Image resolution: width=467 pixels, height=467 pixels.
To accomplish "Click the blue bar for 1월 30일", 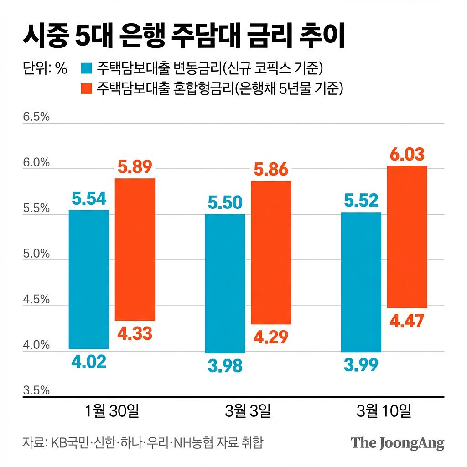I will (x=89, y=279).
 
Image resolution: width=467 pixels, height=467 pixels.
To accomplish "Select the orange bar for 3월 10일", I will (x=407, y=237).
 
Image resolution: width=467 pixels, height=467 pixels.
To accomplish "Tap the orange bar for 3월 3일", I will (x=271, y=252).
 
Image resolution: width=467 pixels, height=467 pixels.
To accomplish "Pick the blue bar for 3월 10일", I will (x=361, y=282).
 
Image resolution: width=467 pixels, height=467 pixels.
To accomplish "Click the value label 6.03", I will (x=407, y=155).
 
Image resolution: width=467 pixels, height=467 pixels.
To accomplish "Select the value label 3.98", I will (x=225, y=365).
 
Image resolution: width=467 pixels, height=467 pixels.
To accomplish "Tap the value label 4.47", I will (x=407, y=321).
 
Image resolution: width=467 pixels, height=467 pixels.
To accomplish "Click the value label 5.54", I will (x=89, y=198).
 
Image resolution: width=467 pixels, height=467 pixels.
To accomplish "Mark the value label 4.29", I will (x=271, y=337).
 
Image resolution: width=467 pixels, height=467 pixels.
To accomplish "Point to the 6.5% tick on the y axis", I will (x=36, y=117).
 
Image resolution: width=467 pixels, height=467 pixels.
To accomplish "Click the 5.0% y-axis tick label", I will (x=36, y=254).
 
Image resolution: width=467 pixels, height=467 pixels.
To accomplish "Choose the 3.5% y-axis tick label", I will (x=36, y=390).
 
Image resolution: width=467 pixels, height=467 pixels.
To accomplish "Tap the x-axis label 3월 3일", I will (x=248, y=411).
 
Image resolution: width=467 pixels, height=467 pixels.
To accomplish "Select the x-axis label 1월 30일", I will (x=112, y=411).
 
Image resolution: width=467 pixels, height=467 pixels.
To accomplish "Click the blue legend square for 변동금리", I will (x=86, y=69).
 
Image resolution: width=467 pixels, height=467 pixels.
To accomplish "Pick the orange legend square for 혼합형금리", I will (x=86, y=88).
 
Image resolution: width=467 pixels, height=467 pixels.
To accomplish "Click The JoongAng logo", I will (x=397, y=443).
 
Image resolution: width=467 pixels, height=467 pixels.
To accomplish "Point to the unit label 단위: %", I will (x=45, y=69).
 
